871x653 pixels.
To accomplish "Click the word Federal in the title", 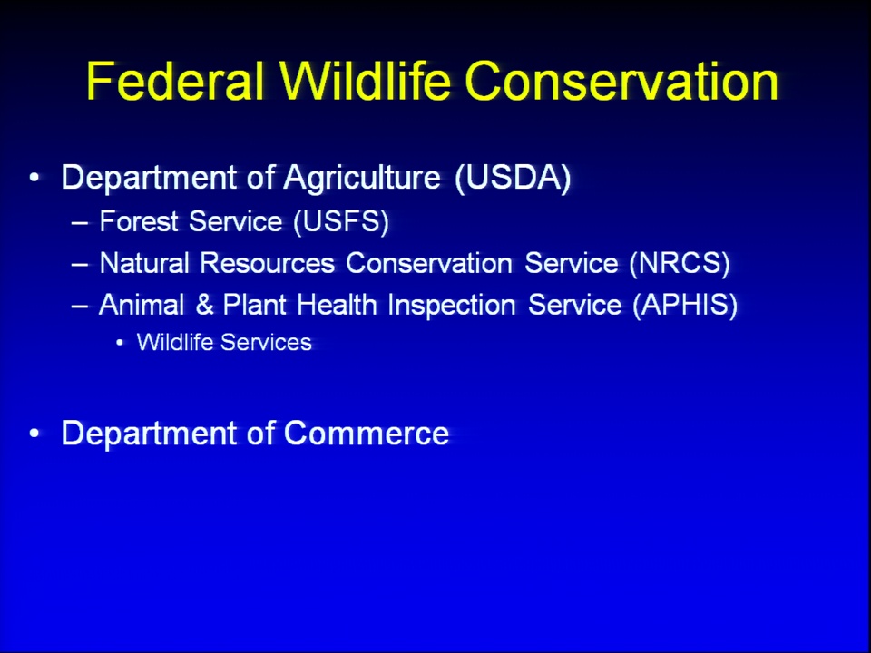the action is (175, 81).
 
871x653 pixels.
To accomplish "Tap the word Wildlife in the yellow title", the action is (365, 81).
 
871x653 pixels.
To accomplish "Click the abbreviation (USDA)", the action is (513, 178).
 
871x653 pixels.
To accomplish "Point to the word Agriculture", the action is (362, 179).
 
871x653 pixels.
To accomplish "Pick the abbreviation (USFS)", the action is (341, 221).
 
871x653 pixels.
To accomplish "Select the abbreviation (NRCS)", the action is (680, 263).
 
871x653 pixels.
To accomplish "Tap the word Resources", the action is (268, 263).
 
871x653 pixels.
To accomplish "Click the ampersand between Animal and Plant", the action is (204, 305).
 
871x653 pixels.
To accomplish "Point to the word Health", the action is (337, 305).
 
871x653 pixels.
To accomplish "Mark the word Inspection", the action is (452, 306).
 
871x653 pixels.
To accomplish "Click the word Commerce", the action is (366, 434).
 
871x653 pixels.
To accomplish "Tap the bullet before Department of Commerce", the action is (35, 434).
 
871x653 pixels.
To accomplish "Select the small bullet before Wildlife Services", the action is (120, 343).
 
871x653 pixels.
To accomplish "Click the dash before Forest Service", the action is (80, 223).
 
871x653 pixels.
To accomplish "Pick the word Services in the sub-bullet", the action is (266, 343).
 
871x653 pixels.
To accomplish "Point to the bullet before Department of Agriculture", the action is (35, 179).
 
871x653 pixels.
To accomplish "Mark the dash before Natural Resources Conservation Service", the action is (80, 265).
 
